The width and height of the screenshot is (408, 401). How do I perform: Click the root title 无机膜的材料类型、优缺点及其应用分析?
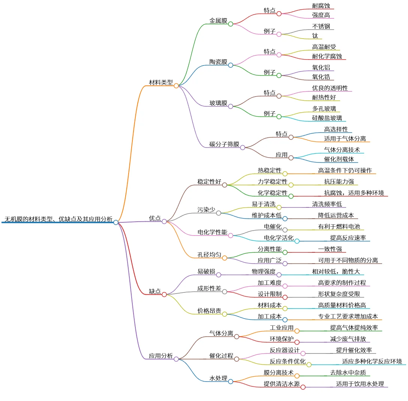58,219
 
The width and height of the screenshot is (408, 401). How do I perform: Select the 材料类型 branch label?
161,82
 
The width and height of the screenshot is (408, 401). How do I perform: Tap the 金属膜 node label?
218,21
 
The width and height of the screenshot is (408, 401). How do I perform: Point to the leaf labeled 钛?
315,36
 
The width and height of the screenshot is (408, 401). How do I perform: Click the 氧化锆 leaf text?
321,77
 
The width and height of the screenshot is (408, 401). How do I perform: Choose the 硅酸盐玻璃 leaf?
327,118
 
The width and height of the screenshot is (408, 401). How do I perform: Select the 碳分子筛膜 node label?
224,144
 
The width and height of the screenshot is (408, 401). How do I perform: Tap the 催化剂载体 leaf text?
339,159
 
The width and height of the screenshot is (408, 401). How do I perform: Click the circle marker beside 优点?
164,222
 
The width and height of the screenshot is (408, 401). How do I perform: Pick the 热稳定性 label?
269,170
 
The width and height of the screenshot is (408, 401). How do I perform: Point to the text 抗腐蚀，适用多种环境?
354,193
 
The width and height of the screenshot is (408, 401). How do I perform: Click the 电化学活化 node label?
279,238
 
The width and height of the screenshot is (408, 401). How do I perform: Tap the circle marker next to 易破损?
219,274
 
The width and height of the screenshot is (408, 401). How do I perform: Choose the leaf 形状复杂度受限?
339,294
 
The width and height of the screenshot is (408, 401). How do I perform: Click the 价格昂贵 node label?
209,311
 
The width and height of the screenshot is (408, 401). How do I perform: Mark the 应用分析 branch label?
161,356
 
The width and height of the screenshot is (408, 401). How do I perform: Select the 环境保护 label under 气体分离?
282,339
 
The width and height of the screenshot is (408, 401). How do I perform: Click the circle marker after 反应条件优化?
309,365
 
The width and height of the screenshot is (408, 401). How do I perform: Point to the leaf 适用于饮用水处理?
360,384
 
